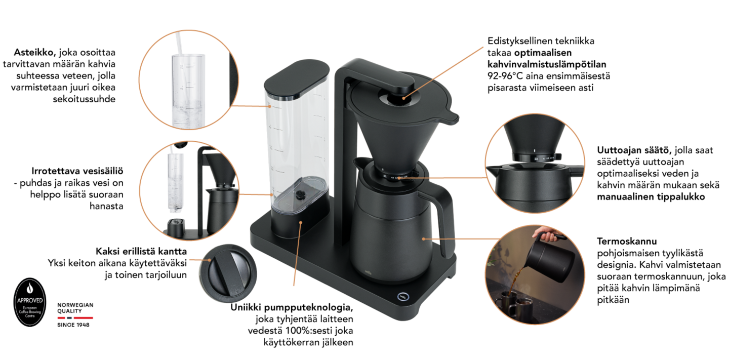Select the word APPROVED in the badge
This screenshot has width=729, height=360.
tap(30, 300)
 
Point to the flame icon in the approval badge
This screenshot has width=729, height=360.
tap(30, 288)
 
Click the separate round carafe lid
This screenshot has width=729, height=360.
tap(228, 273)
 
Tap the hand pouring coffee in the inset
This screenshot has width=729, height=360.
tap(545, 235)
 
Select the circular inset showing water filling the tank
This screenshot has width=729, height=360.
tap(188, 80)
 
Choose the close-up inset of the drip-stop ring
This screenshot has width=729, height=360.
tap(535, 163)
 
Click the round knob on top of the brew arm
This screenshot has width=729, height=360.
tap(397, 98)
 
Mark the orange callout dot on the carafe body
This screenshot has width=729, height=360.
tap(423, 238)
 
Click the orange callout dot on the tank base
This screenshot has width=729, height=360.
tap(301, 222)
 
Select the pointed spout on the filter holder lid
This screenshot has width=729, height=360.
tap(452, 119)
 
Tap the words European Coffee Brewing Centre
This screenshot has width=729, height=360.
tap(30, 310)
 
